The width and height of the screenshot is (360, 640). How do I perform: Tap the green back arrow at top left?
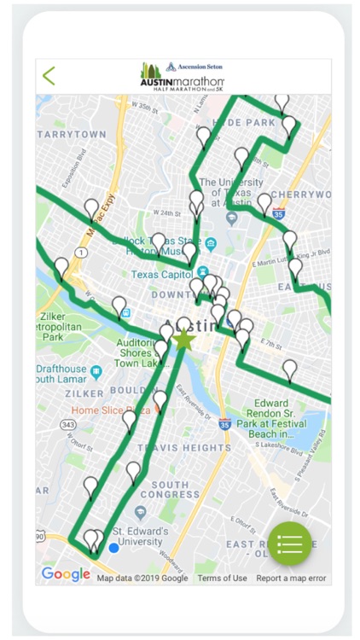49,76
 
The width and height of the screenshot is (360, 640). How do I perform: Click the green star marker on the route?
183,339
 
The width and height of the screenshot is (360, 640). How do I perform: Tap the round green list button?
289,544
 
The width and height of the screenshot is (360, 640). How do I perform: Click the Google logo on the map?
65,574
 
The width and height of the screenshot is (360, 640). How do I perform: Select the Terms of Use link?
222,579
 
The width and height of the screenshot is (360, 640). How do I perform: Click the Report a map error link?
291,579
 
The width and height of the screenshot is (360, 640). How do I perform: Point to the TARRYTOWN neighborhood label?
73,135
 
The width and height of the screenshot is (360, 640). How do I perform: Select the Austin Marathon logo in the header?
183,75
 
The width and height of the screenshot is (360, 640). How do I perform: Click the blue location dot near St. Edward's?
113,547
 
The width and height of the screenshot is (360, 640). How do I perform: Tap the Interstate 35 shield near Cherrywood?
278,213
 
